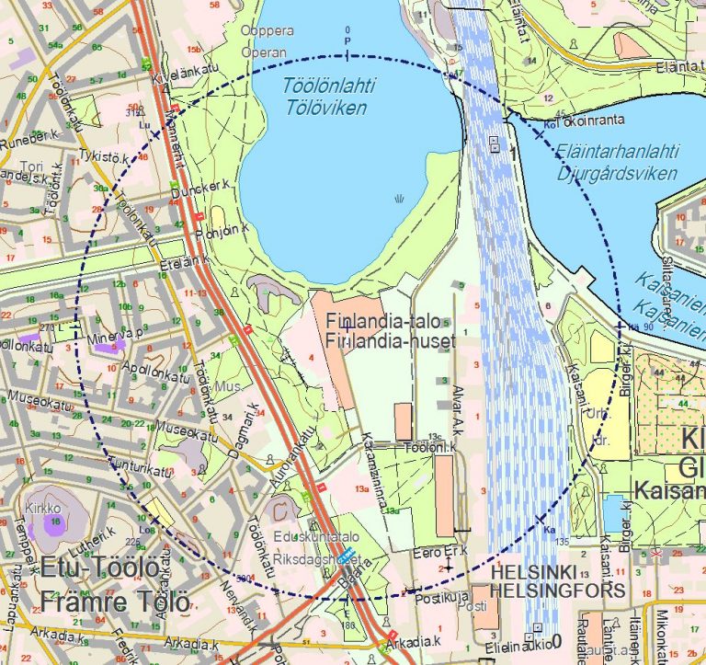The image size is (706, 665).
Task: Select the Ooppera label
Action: [267, 30]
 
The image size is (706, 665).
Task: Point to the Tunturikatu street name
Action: [141, 470]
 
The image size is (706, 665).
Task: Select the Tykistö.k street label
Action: [103, 156]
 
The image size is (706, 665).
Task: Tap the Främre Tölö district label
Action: [115, 603]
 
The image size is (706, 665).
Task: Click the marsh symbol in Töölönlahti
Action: [399, 198]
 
